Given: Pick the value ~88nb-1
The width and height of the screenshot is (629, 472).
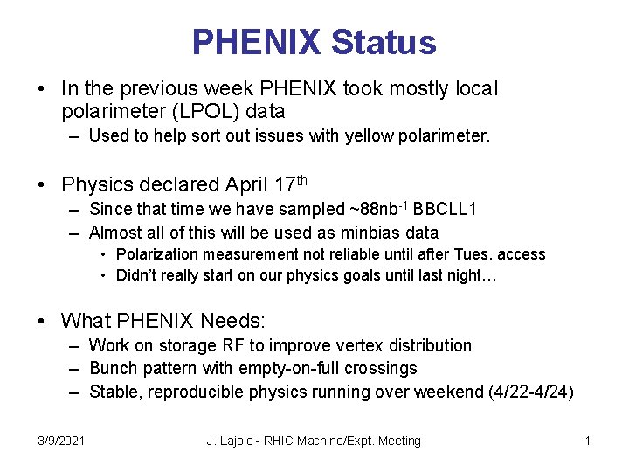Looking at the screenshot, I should coord(379,209).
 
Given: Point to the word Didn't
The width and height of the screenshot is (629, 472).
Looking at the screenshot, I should coord(139,276).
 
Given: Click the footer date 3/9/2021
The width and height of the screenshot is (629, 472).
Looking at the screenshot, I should coord(61,441).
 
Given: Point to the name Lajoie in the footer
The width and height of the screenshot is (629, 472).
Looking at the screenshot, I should coord(241,441).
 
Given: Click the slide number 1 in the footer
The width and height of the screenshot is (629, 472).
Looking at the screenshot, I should coord(588,441).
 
